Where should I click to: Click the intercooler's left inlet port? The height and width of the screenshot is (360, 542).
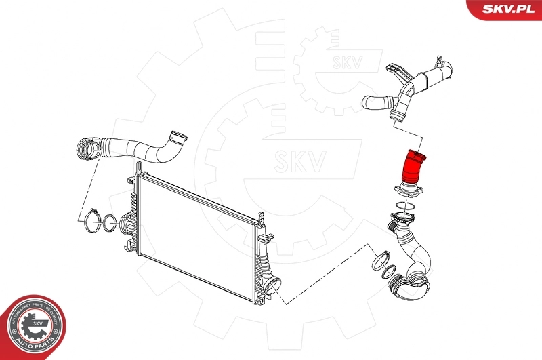click(x=127, y=225)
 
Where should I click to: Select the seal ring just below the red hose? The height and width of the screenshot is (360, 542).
click(x=405, y=205)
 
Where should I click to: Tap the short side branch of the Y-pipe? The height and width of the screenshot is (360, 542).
click(x=377, y=103)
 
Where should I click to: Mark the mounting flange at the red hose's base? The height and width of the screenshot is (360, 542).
click(x=407, y=189)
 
